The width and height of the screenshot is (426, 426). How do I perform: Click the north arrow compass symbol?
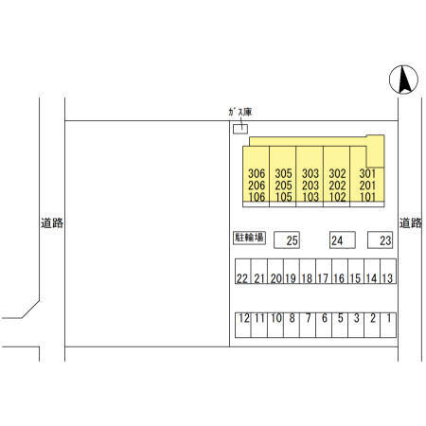pos(403,80)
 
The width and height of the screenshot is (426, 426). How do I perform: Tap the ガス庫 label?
pos(240,112)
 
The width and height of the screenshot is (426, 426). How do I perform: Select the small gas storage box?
pos(240,129)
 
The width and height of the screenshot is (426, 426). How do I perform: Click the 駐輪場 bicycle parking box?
pos(249,238)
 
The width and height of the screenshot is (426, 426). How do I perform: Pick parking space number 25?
pos(287,240)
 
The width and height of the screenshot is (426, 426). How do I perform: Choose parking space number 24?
pos(343,240)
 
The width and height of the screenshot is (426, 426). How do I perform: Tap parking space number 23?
pos(380,240)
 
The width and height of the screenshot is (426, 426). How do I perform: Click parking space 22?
pos(243,272)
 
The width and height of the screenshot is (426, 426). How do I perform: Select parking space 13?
pos(388,272)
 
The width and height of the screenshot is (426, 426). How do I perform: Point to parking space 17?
pos(324,272)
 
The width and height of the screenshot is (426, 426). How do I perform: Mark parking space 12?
pos(243,325)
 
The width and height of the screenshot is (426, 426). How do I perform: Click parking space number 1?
pos(388,325)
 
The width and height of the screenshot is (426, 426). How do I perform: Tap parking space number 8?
pos(292,325)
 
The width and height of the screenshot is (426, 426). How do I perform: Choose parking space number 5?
pos(340,325)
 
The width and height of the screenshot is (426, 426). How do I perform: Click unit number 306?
pos(257,173)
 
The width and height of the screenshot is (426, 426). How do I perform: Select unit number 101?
pos(367,197)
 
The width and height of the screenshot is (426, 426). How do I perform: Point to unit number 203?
pos(311,186)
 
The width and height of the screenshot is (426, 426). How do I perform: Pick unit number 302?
pos(337,173)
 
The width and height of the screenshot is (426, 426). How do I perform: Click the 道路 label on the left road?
pos(52,223)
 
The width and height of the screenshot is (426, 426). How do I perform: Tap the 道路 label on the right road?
pos(411,223)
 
